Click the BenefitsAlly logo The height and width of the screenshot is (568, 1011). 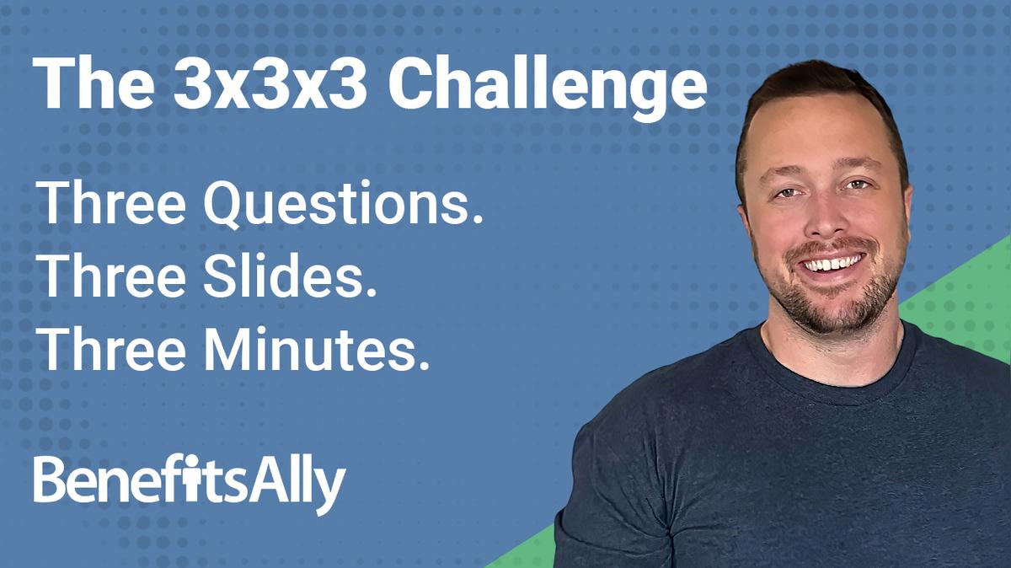tap(190, 482)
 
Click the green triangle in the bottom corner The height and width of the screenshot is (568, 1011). tap(969, 287)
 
